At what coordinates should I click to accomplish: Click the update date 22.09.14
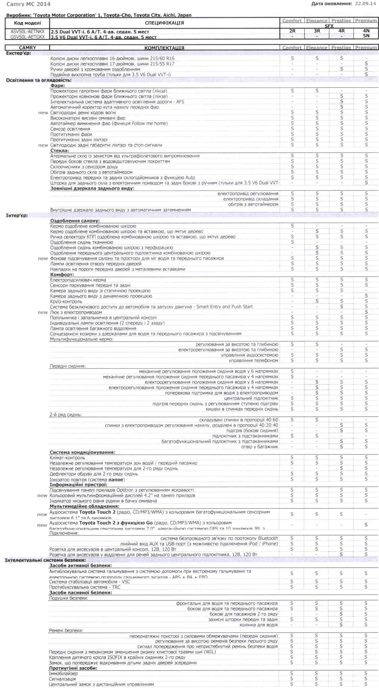(x=365, y=4)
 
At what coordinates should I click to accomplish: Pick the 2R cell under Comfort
(x=292, y=31)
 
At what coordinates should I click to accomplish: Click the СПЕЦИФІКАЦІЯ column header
(x=164, y=23)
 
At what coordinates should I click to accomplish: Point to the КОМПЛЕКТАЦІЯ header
(x=164, y=48)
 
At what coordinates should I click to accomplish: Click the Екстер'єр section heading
(x=18, y=53)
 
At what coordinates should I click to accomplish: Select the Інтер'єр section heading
(x=17, y=215)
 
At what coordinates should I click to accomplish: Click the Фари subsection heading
(x=58, y=86)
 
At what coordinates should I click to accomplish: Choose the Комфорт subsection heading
(x=62, y=275)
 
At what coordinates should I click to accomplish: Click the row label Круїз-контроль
(x=66, y=301)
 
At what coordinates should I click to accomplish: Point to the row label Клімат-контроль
(x=67, y=458)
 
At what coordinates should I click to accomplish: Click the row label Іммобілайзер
(x=63, y=673)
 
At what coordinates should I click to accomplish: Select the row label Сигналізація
(x=62, y=679)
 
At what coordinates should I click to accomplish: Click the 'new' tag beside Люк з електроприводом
(x=43, y=312)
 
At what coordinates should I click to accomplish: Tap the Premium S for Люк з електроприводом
(x=366, y=312)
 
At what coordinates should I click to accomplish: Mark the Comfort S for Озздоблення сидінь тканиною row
(x=292, y=242)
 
